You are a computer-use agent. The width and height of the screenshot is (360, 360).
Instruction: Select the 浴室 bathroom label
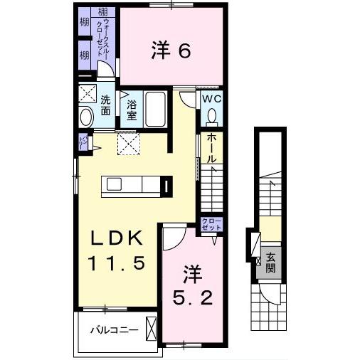tap(132, 111)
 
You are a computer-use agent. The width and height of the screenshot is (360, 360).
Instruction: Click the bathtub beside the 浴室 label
tap(155, 110)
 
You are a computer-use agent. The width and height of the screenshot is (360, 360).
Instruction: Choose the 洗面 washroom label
tap(105, 105)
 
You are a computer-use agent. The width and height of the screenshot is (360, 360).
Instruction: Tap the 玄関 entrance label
tap(271, 263)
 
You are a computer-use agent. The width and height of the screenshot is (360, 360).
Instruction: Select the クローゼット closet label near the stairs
tap(211, 224)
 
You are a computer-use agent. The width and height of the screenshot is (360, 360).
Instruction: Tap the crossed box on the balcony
tap(151, 329)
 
